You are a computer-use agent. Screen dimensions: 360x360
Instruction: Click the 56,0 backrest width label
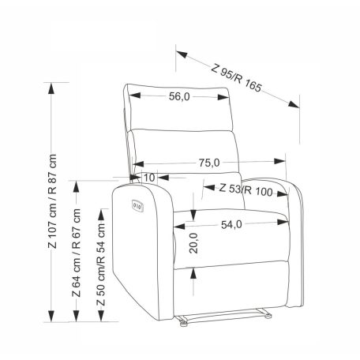[179, 96]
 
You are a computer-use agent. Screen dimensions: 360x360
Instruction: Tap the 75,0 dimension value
[209, 163]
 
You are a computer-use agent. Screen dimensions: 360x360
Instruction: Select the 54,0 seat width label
[231, 224]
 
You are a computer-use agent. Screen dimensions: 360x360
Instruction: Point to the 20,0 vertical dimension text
[193, 243]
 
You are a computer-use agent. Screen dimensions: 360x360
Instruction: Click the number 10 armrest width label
[149, 178]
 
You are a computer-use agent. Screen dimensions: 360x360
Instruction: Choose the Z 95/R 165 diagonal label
[236, 78]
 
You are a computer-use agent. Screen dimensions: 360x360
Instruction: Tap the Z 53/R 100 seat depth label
[246, 190]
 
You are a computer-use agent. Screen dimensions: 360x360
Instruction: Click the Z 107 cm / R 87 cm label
[52, 201]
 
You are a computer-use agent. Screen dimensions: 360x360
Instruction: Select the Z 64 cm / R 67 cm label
[76, 253]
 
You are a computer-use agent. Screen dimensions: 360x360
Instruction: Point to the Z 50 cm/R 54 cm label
[101, 264]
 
